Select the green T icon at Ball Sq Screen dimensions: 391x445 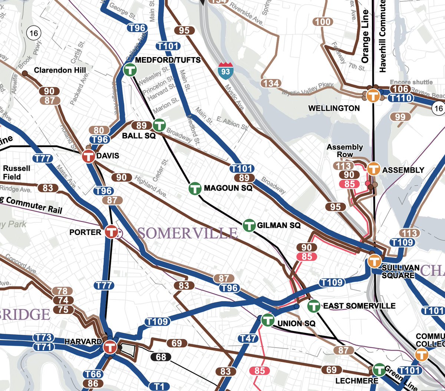(159, 125)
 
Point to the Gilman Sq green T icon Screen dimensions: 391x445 (249, 225)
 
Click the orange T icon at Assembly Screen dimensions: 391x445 (373, 169)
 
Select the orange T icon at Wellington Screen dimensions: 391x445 (373, 95)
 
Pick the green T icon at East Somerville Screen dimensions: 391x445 (314, 306)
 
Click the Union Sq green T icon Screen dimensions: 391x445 (268, 319)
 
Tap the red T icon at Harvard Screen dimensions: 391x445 (109, 347)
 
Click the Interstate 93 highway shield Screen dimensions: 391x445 (225, 69)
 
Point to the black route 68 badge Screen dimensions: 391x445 (161, 357)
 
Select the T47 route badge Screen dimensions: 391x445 (247, 338)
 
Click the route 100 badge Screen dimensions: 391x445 (323, 22)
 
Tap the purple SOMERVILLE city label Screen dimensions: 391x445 (187, 233)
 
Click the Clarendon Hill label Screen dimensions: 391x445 (60, 70)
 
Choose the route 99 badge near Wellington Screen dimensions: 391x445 (400, 117)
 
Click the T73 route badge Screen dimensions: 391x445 (43, 338)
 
